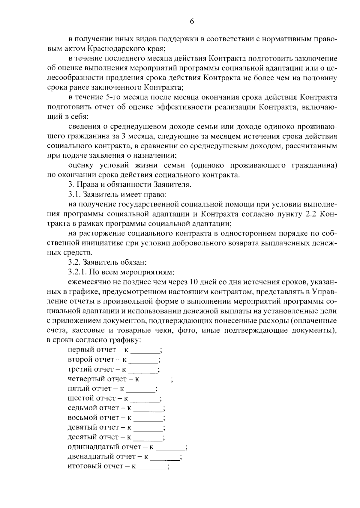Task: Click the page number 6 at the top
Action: click(192, 21)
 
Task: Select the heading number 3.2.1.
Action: click(78, 272)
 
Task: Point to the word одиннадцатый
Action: click(93, 447)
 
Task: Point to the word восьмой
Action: click(82, 418)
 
